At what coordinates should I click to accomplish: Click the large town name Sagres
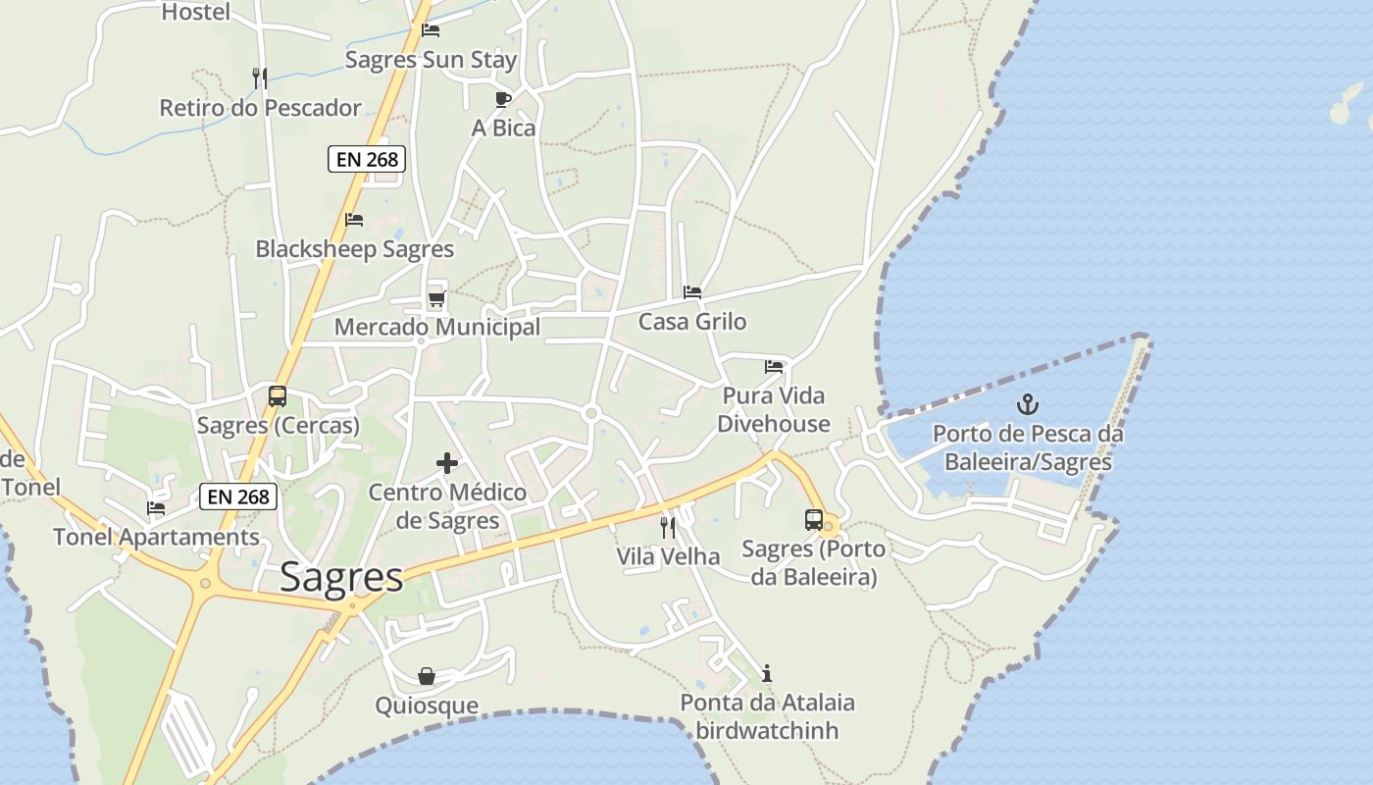click(x=341, y=578)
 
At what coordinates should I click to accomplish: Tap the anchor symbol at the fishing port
click(x=1027, y=403)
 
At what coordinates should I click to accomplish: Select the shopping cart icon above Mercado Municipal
click(x=436, y=298)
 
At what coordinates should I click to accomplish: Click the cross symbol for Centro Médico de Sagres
click(x=447, y=463)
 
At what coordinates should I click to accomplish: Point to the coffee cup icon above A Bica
click(x=503, y=99)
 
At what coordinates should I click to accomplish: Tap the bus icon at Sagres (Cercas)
click(x=278, y=396)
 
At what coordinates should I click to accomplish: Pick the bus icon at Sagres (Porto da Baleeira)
click(x=813, y=520)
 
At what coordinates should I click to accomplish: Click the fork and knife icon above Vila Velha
click(x=668, y=528)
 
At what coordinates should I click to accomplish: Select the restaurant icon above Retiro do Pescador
click(x=260, y=78)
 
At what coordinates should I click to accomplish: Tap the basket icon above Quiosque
click(x=427, y=676)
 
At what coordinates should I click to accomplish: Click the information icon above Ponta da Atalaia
click(x=767, y=673)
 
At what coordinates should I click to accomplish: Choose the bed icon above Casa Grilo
click(x=692, y=292)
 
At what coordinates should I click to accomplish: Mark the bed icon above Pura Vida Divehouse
click(x=774, y=367)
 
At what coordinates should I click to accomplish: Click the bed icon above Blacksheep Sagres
click(x=354, y=220)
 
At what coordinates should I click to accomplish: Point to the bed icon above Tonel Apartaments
click(x=156, y=508)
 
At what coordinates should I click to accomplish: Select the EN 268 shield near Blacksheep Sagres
click(x=367, y=159)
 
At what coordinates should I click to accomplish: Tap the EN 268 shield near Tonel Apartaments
click(x=239, y=497)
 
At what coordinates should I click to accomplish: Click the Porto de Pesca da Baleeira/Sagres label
click(x=1027, y=447)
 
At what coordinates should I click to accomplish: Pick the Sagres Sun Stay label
click(x=431, y=60)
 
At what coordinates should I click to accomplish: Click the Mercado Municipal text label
click(x=437, y=327)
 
